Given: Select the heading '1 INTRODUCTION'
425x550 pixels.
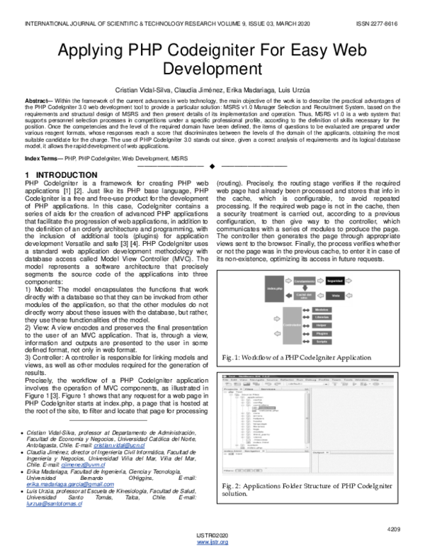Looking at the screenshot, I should coord(61,174).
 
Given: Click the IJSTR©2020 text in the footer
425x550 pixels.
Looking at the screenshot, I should coord(212,536).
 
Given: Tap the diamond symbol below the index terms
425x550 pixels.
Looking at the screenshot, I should coord(212,167).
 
